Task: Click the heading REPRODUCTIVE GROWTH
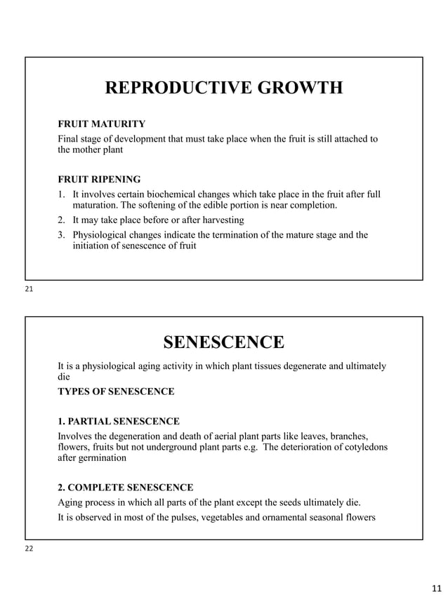(224, 88)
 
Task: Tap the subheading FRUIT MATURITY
(101, 124)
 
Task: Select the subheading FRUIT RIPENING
(99, 179)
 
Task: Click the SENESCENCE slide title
(224, 342)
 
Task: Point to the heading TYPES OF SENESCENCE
(116, 391)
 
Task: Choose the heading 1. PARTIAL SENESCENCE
(118, 422)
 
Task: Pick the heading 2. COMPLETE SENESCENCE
(125, 488)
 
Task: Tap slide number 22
(29, 549)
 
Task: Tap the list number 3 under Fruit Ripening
(61, 234)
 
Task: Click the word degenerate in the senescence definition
(301, 365)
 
